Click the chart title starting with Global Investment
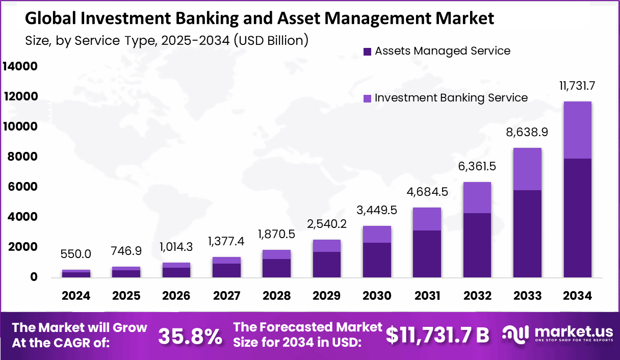point(260,18)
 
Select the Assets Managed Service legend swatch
point(367,52)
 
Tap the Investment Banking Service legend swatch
point(367,98)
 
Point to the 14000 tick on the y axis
point(20,66)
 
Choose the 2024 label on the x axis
point(76,296)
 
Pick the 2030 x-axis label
point(377,296)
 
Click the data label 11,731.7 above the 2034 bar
point(578,86)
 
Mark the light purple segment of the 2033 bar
point(528,169)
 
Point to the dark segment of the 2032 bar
point(477,245)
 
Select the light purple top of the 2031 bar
point(427,219)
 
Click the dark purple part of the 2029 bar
point(327,264)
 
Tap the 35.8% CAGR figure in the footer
point(190,336)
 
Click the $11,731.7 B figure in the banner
point(437,335)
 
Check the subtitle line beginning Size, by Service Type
point(166,40)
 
